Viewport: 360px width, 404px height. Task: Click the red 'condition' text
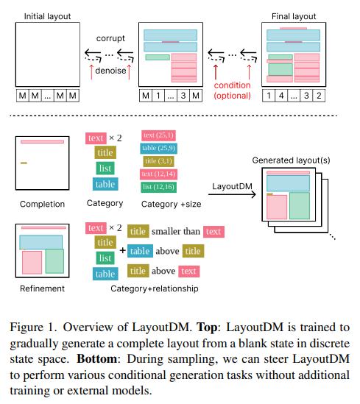tap(233, 85)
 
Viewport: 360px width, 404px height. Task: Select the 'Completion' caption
tap(42, 204)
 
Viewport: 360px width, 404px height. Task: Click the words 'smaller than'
tap(175, 231)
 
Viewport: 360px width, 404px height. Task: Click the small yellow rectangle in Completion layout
tap(24, 163)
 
